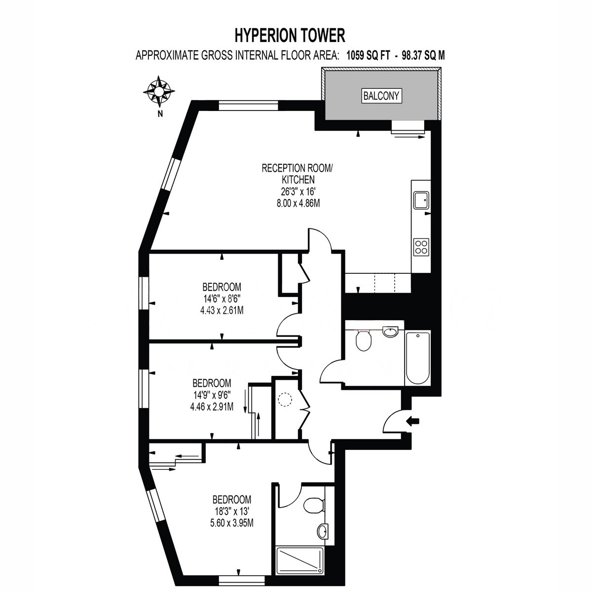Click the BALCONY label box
click(x=381, y=96)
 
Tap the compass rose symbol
click(x=159, y=91)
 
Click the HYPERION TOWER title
click(x=290, y=35)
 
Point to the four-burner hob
click(x=421, y=247)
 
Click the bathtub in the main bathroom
click(x=418, y=358)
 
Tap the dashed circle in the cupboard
click(x=285, y=400)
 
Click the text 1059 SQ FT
click(x=369, y=56)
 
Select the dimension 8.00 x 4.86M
click(x=298, y=203)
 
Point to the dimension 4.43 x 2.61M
click(x=222, y=311)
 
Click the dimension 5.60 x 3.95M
click(x=232, y=523)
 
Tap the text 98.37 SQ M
click(x=424, y=56)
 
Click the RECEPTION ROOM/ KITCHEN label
click(x=297, y=174)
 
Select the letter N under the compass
click(x=160, y=114)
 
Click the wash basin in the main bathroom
click(x=390, y=332)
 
